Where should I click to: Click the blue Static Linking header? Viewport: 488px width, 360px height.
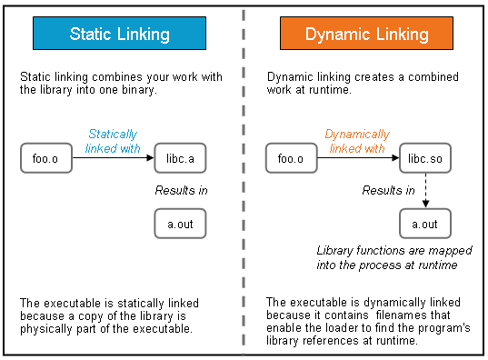coord(119,35)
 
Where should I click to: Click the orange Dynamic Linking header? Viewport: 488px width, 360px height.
coord(366,35)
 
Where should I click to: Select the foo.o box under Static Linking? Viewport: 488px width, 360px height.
coord(46,159)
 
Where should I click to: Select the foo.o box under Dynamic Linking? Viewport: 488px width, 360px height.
coord(291,159)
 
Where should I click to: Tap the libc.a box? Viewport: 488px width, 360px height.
coord(180,159)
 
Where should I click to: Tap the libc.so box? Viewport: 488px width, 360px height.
coord(424,159)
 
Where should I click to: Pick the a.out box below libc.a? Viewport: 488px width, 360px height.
coord(180,224)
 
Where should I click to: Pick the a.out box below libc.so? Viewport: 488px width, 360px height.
coord(424,224)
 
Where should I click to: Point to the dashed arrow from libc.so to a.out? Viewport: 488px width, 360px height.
coord(424,191)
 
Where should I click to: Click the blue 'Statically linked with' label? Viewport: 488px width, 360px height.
coord(114,141)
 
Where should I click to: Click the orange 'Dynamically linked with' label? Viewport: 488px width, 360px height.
coord(356,141)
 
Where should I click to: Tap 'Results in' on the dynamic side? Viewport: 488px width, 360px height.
coord(388,191)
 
